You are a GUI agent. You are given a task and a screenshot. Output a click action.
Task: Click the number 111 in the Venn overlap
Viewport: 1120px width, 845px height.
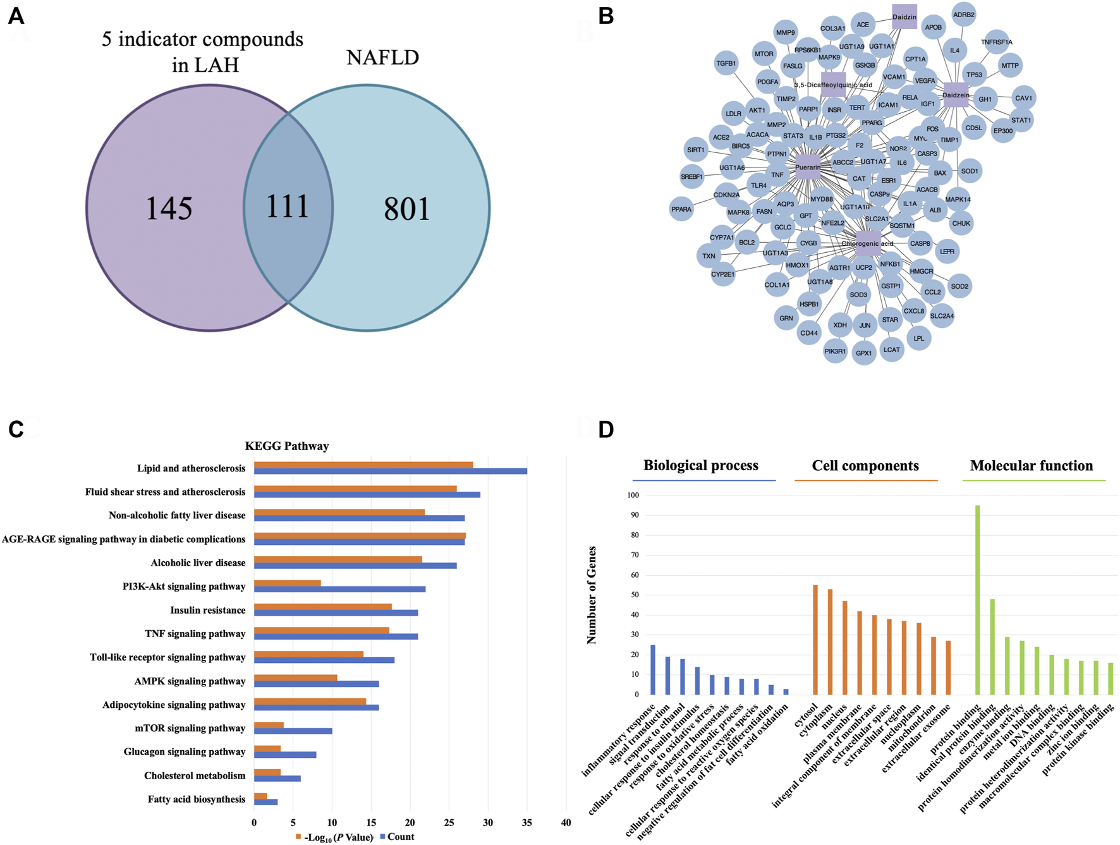tap(288, 207)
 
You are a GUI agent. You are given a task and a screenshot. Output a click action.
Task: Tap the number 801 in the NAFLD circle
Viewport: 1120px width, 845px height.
tap(406, 209)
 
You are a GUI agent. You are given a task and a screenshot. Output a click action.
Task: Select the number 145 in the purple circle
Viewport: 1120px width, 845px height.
tap(169, 209)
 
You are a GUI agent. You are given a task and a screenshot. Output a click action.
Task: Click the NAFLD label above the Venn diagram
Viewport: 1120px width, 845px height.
tap(382, 58)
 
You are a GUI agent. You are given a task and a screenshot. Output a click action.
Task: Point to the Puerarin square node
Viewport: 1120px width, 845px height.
tap(808, 167)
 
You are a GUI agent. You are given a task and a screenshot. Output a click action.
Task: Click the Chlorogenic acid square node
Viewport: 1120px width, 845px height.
tap(868, 243)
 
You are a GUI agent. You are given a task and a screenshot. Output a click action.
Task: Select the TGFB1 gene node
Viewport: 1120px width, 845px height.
tap(726, 63)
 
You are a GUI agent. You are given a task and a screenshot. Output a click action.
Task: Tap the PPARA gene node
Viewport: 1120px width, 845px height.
tap(681, 209)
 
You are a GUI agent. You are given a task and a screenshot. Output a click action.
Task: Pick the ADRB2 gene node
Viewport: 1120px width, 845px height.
tap(963, 15)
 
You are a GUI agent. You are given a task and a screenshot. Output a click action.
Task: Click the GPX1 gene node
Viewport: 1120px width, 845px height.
tap(863, 353)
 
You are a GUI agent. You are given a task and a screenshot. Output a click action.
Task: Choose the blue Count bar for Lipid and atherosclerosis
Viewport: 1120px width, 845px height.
tap(390, 471)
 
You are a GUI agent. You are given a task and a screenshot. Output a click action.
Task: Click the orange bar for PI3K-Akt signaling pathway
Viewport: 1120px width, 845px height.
tap(287, 583)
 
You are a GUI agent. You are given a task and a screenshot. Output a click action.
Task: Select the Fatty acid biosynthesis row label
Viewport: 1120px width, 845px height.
tap(196, 799)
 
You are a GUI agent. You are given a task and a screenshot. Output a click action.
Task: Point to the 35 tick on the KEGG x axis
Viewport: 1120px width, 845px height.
tap(527, 823)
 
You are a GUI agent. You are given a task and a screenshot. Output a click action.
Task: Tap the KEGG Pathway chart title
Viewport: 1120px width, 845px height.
tap(287, 446)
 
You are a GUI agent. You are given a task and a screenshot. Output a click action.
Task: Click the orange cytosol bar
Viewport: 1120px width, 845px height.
tap(815, 640)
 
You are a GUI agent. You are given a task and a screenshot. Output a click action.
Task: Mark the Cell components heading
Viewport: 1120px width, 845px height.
tap(865, 466)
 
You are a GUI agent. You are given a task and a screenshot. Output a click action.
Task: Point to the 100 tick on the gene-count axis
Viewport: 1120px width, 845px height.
tap(632, 495)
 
